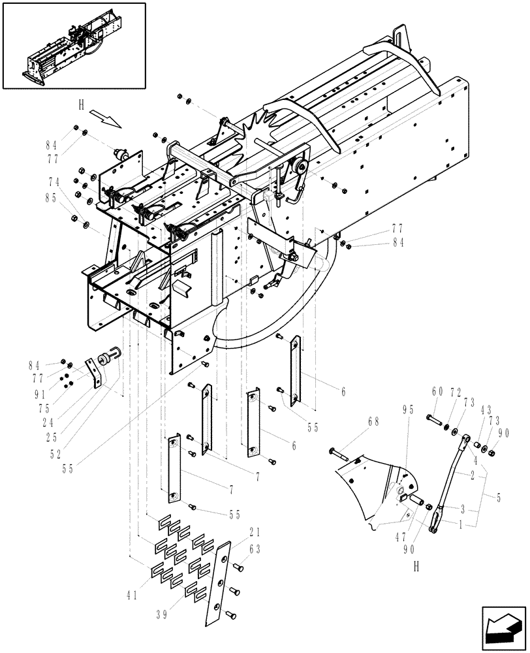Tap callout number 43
point(486,410)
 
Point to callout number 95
point(408,410)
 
